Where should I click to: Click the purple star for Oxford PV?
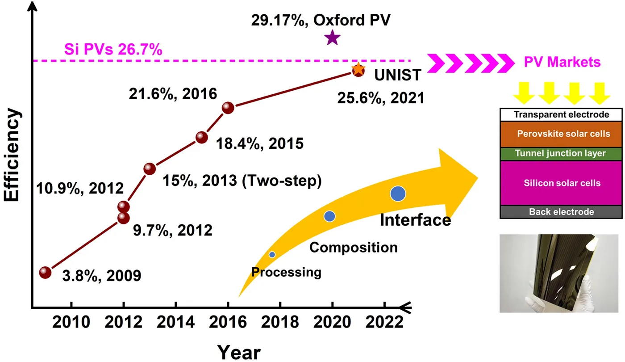(332, 38)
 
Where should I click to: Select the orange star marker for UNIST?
(358, 69)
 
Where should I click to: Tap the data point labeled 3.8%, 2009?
(45, 272)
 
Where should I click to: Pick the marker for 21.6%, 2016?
(228, 108)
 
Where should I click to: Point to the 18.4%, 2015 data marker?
(201, 137)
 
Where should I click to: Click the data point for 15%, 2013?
(149, 168)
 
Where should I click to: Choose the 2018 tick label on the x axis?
(280, 321)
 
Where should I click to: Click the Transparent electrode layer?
(561, 114)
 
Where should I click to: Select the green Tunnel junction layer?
(561, 153)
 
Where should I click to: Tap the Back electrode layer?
(561, 212)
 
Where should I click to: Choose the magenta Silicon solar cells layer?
(561, 183)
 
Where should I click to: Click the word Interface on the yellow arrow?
(415, 220)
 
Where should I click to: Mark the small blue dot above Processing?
(272, 254)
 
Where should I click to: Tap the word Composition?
(353, 247)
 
